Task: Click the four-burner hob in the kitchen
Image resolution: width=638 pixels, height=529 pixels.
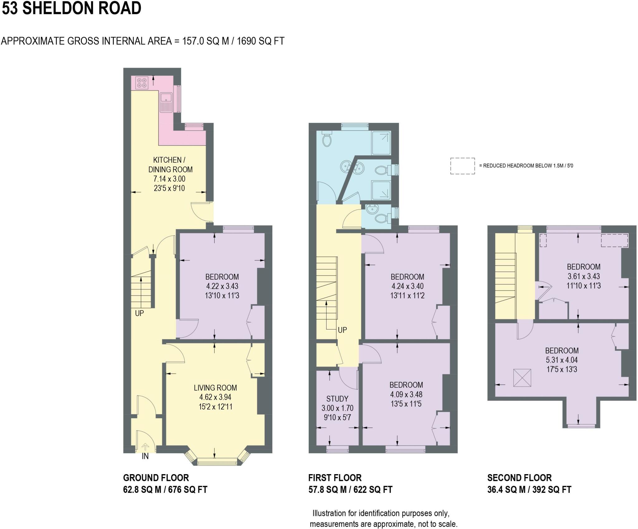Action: pyautogui.click(x=142, y=83)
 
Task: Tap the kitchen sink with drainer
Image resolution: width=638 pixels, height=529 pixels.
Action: pyautogui.click(x=166, y=102)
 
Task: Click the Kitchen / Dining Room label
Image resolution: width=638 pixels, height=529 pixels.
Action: pyautogui.click(x=170, y=165)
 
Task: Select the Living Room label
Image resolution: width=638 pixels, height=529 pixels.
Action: pyautogui.click(x=215, y=388)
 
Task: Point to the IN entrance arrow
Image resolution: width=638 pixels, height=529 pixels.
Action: pyautogui.click(x=145, y=447)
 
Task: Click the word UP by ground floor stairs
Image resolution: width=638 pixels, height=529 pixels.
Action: pyautogui.click(x=139, y=313)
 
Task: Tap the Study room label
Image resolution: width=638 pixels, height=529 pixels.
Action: pyautogui.click(x=337, y=399)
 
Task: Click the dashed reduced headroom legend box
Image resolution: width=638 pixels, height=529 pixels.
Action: pyautogui.click(x=462, y=166)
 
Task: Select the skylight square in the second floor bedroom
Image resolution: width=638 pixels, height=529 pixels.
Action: pyautogui.click(x=522, y=378)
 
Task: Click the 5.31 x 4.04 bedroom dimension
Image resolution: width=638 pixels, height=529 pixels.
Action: pyautogui.click(x=562, y=360)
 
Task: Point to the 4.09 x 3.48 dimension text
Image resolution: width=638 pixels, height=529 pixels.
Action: pyautogui.click(x=406, y=394)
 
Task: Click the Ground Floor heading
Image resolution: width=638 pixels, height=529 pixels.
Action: pyautogui.click(x=156, y=478)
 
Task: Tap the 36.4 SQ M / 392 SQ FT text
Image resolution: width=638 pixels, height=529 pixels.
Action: pyautogui.click(x=529, y=490)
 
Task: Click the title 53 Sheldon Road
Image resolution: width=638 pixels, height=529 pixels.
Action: pyautogui.click(x=72, y=8)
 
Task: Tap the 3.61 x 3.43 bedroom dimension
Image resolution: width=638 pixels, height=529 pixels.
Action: pyautogui.click(x=583, y=276)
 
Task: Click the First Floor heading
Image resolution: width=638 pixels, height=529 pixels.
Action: pyautogui.click(x=335, y=478)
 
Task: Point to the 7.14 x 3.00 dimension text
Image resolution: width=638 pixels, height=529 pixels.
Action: pyautogui.click(x=169, y=179)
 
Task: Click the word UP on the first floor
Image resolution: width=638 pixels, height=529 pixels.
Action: pyautogui.click(x=342, y=330)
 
